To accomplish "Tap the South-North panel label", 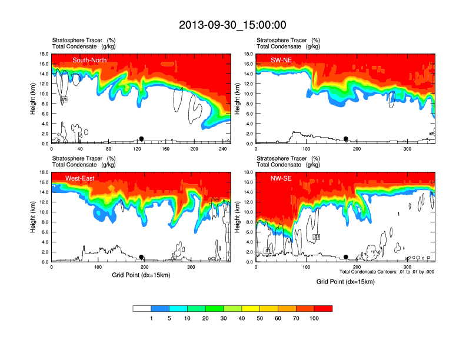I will tap(90, 60).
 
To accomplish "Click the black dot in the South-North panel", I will tap(141, 139).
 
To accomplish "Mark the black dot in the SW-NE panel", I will tap(346, 139).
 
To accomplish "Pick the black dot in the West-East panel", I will tap(141, 257).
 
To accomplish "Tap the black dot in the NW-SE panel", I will tap(346, 257).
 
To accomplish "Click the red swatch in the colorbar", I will tap(324, 308).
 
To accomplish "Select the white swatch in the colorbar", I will tap(142, 308).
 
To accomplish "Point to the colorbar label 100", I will tap(314, 318).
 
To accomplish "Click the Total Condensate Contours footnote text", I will tap(387, 272).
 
